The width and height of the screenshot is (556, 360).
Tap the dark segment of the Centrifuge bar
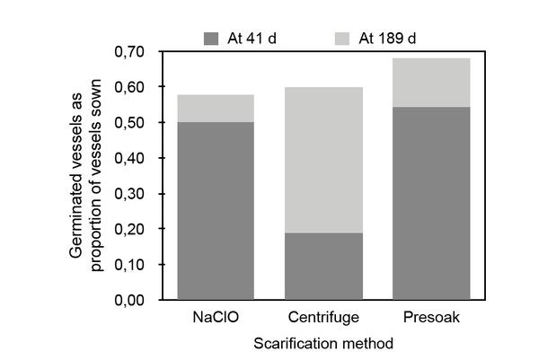tap(323, 266)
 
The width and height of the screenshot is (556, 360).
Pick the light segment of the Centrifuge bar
tap(323, 160)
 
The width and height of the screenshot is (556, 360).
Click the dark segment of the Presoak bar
tap(431, 203)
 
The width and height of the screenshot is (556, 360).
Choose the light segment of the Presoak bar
tap(431, 83)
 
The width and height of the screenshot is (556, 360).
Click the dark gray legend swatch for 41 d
tap(212, 38)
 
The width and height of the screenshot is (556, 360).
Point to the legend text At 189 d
tap(389, 38)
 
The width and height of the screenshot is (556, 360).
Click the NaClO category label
tap(216, 318)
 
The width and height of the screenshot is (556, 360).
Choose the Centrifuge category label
tap(323, 318)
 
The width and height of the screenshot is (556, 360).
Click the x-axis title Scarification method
tap(323, 343)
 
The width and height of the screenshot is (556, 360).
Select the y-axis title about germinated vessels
tap(88, 175)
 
